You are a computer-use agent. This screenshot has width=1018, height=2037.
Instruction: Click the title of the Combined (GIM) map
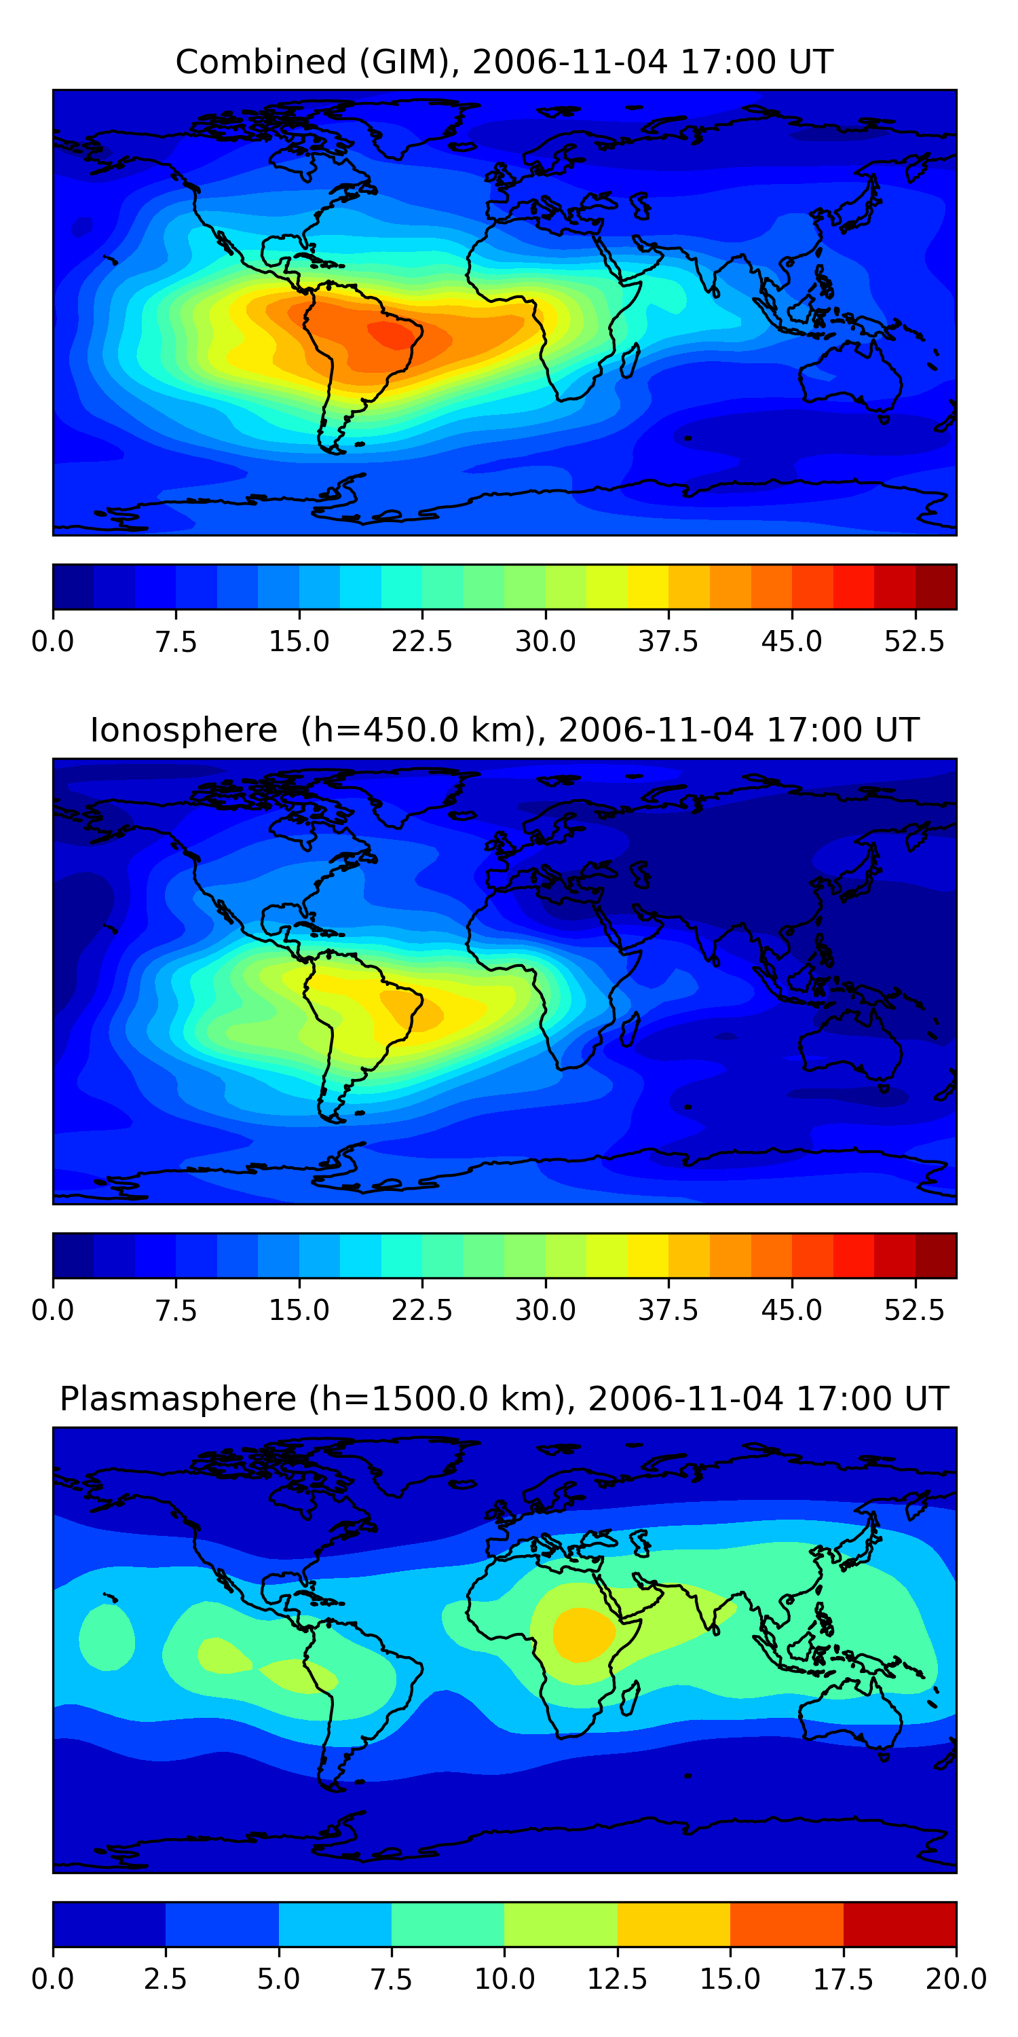click(x=504, y=62)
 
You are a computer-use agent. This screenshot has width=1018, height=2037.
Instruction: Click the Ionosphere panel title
click(x=504, y=730)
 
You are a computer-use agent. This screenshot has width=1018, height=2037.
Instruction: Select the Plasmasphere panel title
click(x=504, y=1399)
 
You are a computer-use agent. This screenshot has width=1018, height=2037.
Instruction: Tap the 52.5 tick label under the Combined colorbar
click(x=913, y=641)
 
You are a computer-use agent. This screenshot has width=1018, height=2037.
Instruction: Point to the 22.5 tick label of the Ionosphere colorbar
click(x=422, y=1310)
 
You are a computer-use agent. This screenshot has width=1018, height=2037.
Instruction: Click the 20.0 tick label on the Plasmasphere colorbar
click(x=956, y=1979)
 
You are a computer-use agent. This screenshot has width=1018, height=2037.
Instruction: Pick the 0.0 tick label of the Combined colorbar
click(x=53, y=641)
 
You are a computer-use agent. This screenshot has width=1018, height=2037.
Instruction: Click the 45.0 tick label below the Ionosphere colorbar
click(x=791, y=1310)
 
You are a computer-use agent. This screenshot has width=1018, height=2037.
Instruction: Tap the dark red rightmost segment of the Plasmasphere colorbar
click(x=899, y=1924)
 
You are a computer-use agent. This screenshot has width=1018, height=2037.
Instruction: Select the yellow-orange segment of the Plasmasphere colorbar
click(x=673, y=1924)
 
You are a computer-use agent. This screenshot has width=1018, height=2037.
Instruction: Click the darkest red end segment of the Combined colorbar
click(x=936, y=587)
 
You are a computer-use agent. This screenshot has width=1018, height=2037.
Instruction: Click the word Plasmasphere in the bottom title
click(x=178, y=1399)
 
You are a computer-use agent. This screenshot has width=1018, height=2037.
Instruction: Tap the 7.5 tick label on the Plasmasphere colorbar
click(x=391, y=1979)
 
